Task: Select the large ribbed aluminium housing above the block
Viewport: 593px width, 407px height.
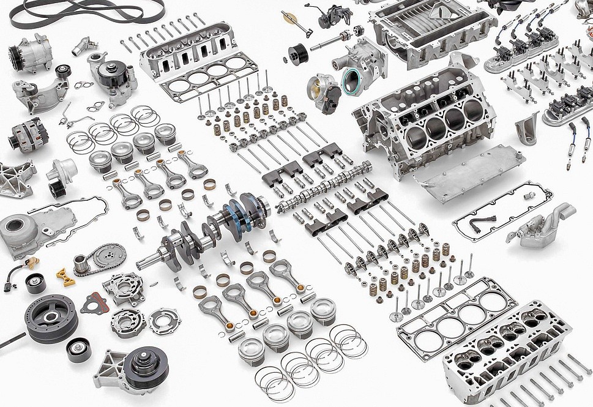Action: (431, 31)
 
